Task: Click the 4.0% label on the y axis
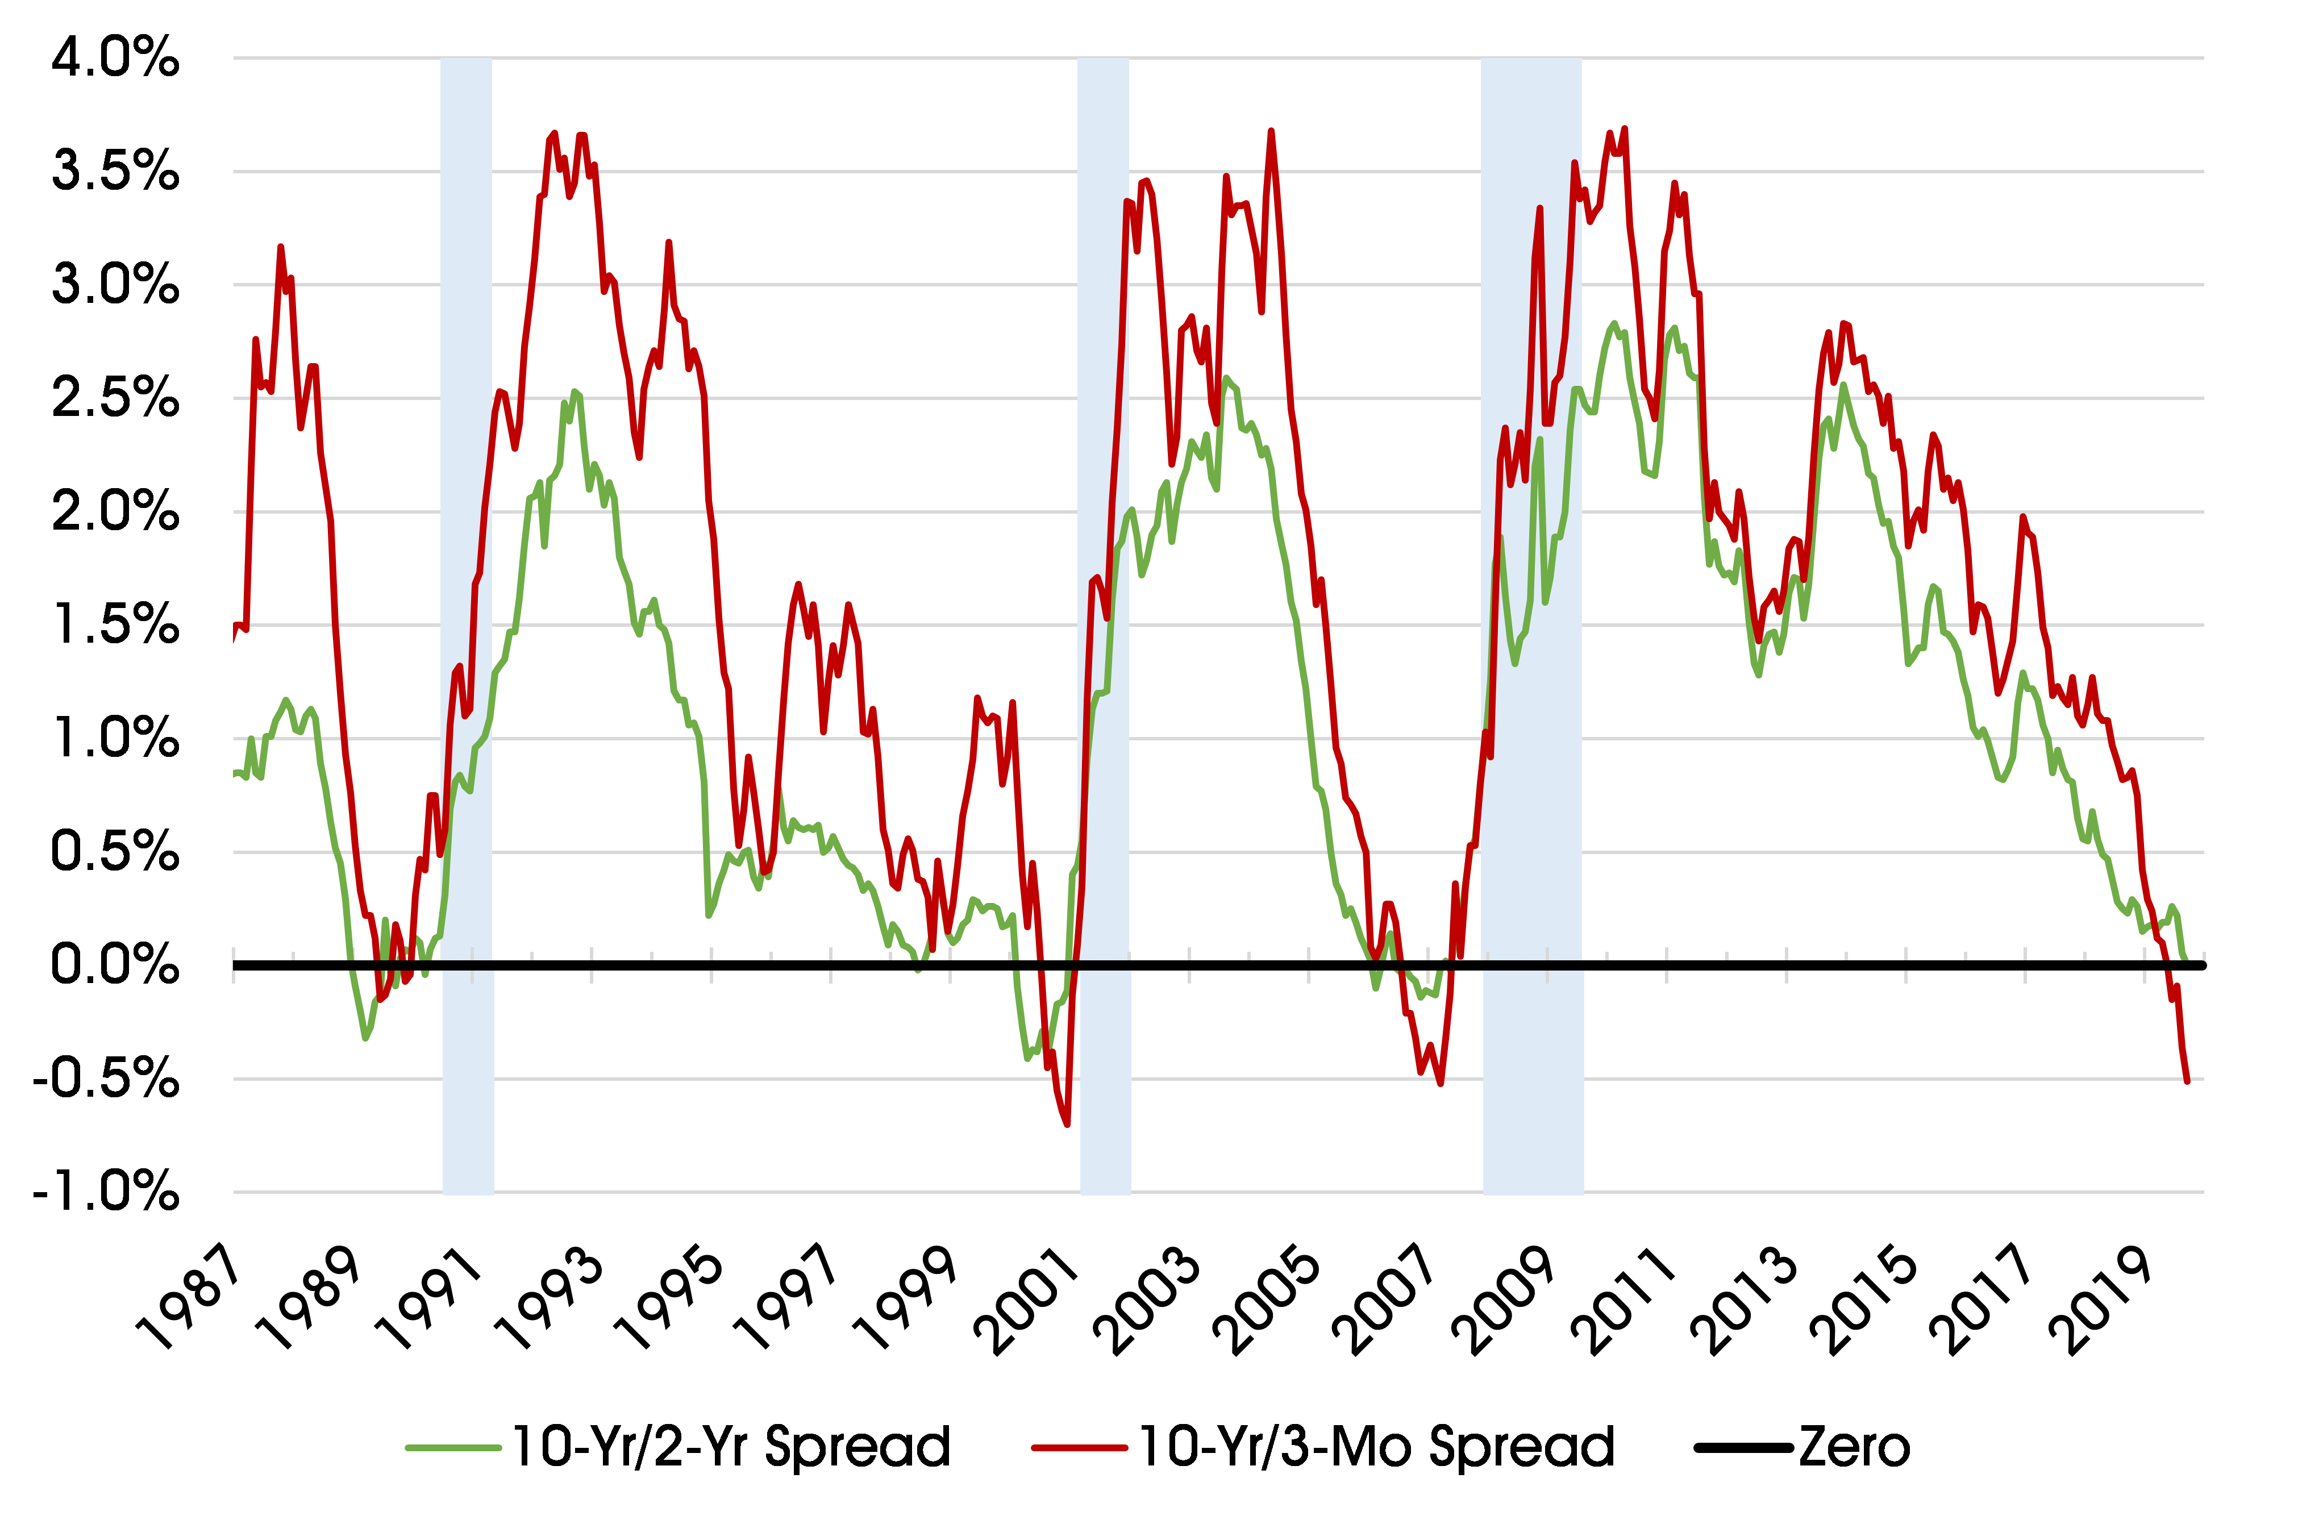115,59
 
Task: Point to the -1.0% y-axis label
106,1192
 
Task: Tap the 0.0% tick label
115,965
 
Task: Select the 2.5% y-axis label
115,398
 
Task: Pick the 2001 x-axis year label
1028,1302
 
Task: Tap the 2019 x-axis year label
2104,1302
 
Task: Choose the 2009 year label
1506,1302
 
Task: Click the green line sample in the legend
453,1448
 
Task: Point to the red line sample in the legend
1079,1448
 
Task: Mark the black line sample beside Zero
1743,1448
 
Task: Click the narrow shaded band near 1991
468,622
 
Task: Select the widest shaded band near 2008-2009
1533,622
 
